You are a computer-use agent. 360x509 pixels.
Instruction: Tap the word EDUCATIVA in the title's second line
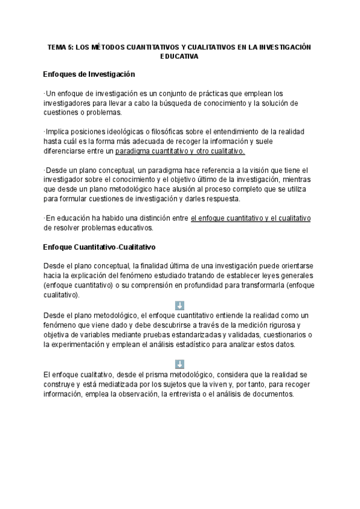[x=179, y=56]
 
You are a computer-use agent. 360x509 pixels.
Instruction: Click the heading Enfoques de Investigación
[x=89, y=74]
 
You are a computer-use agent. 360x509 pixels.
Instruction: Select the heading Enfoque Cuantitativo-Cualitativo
[x=100, y=247]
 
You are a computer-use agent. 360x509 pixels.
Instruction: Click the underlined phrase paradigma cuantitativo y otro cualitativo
[x=179, y=151]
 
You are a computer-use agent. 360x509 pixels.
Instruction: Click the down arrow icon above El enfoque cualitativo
[x=179, y=364]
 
